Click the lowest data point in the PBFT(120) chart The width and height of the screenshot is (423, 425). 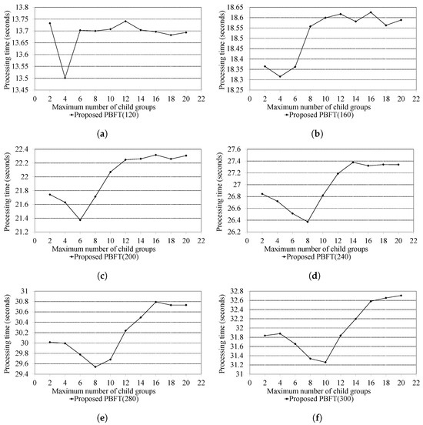tap(65, 78)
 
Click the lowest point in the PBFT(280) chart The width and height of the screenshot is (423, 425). tap(95, 366)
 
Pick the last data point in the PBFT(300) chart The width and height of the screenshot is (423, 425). tap(400, 296)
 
